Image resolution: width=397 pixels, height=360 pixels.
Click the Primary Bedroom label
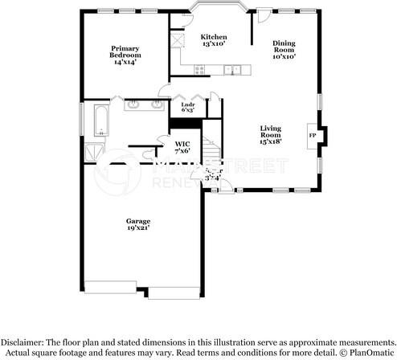(125, 53)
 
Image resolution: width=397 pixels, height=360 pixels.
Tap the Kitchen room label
(213, 40)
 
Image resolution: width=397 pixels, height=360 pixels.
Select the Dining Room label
(284, 50)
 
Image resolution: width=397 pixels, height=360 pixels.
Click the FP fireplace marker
(313, 136)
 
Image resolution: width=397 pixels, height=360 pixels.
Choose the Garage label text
(137, 224)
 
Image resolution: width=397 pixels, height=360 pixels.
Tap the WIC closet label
(182, 147)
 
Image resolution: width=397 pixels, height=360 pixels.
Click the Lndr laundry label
(188, 107)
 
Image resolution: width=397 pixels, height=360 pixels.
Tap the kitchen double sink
(232, 70)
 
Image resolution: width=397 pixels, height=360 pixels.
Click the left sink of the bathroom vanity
(133, 104)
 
